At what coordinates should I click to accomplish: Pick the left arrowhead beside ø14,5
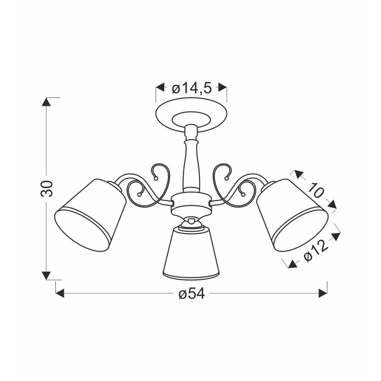pos(160,87)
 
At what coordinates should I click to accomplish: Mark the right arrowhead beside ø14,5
pos(223,87)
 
